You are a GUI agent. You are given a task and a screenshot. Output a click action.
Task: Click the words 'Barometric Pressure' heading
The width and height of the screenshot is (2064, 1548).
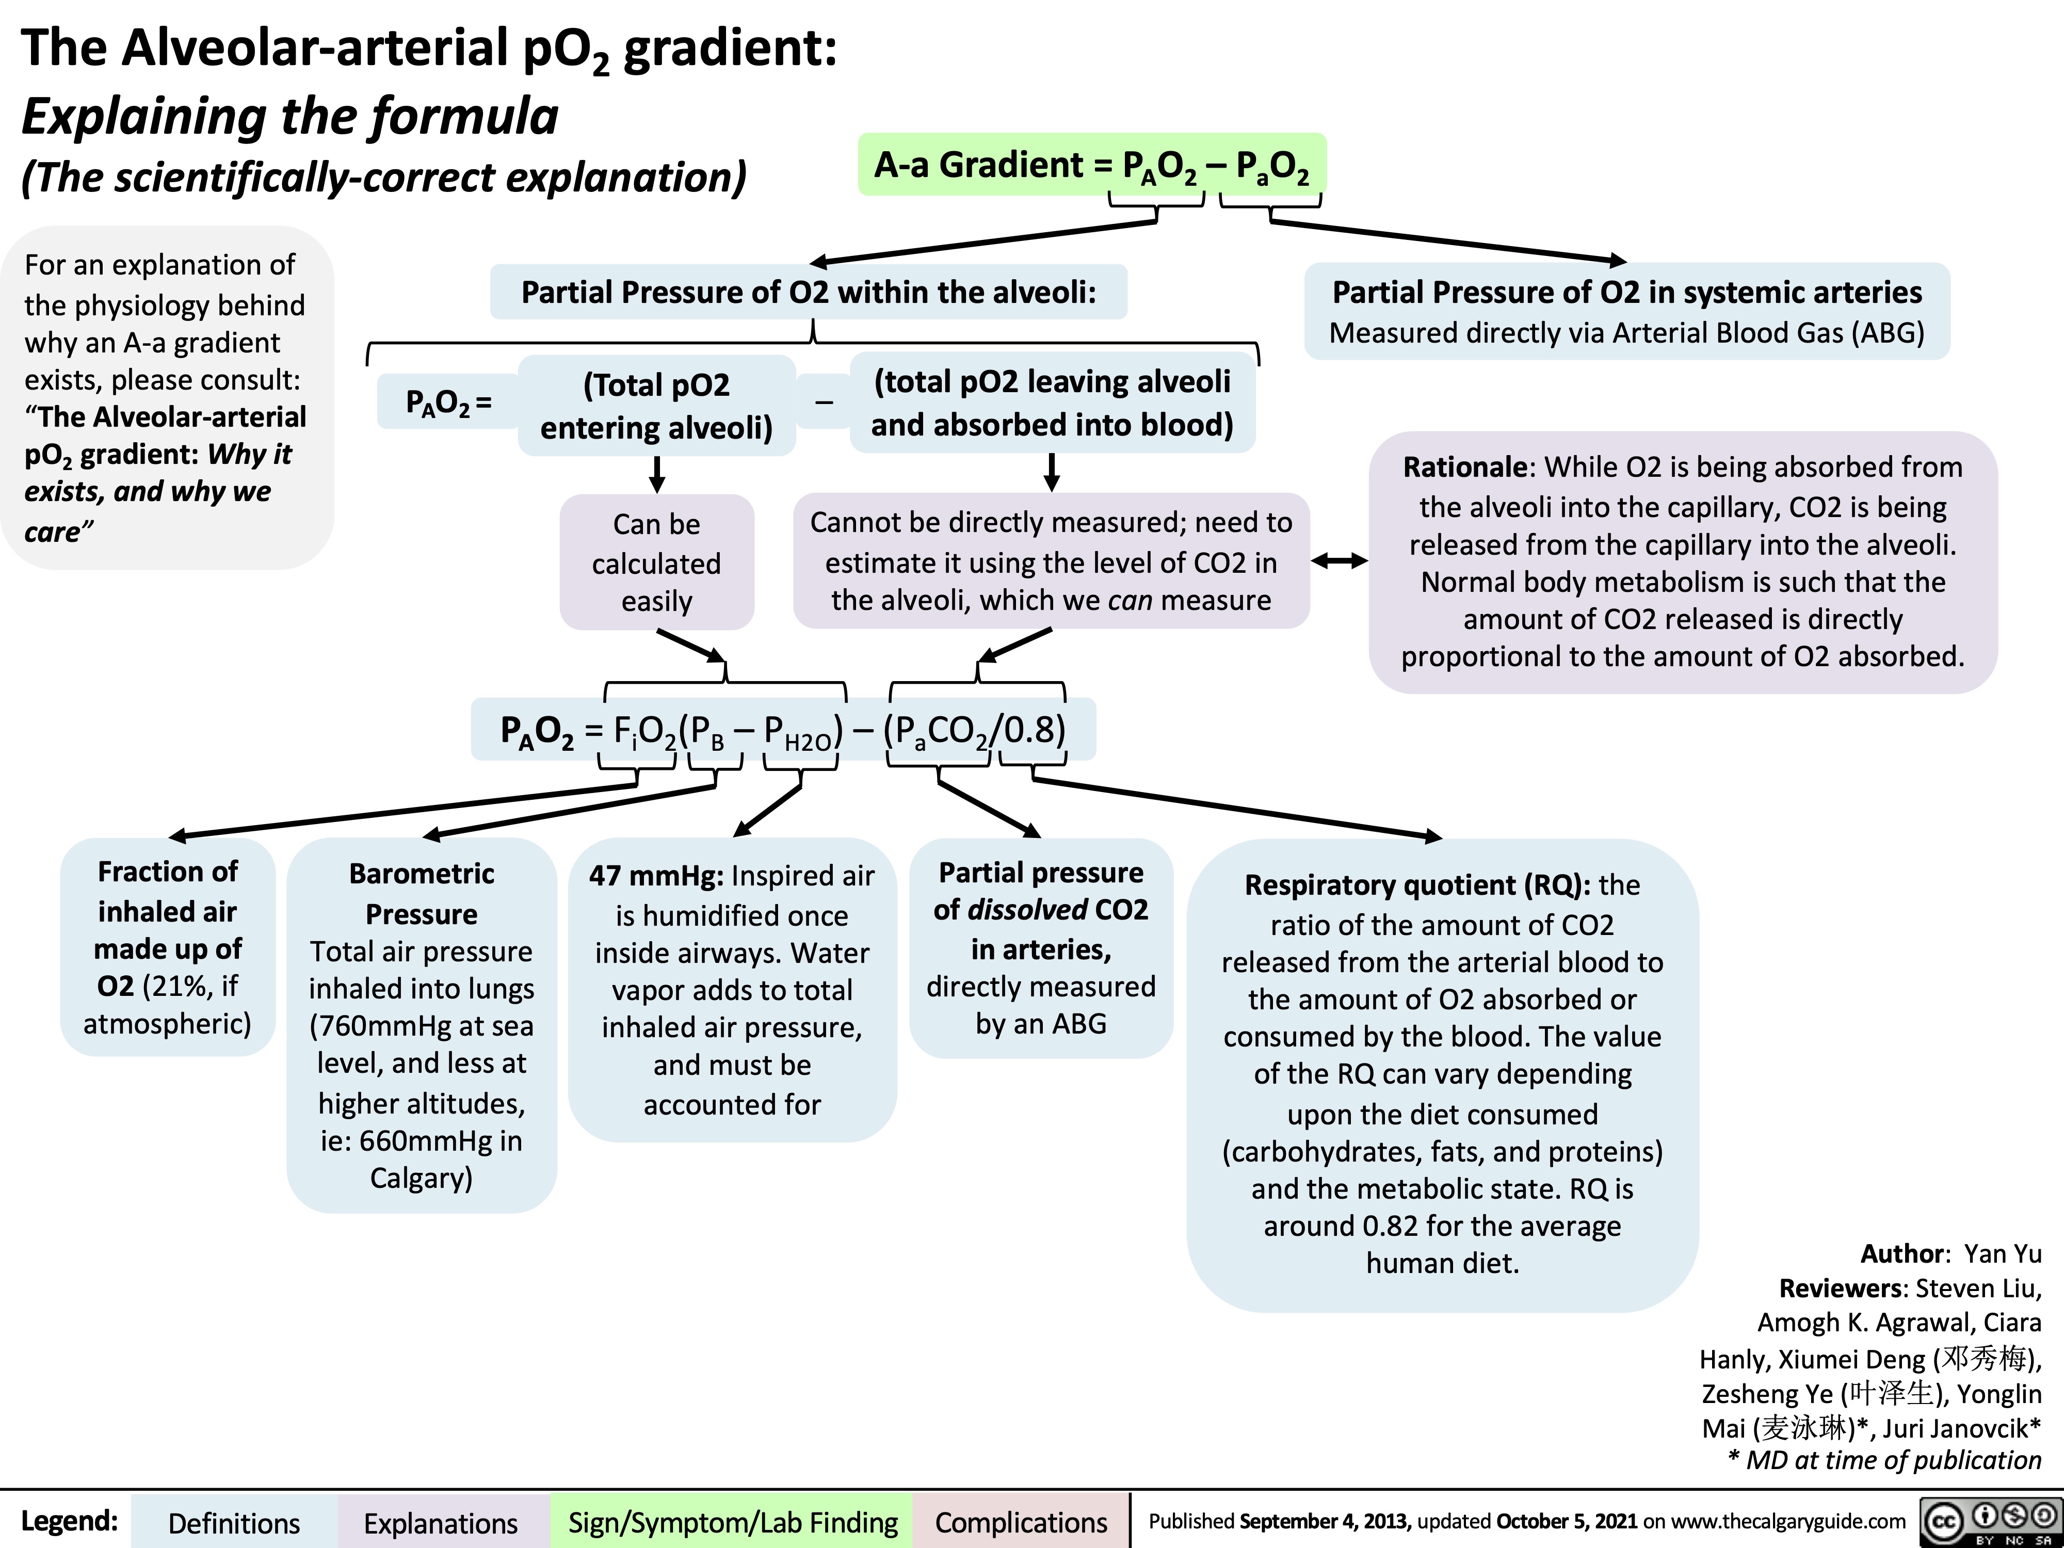[422, 894]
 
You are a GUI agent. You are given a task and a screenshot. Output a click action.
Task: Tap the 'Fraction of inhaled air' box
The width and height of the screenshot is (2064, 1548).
[168, 947]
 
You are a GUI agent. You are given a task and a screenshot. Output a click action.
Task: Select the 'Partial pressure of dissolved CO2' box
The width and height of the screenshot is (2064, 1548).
[1040, 947]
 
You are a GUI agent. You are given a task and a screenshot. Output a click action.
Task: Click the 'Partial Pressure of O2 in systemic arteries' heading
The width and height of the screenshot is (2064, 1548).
[1626, 292]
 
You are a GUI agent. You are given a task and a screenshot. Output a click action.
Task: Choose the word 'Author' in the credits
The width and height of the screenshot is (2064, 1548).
[1901, 1253]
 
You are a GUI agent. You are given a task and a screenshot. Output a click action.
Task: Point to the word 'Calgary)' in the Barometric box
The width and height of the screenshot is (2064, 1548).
[422, 1179]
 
